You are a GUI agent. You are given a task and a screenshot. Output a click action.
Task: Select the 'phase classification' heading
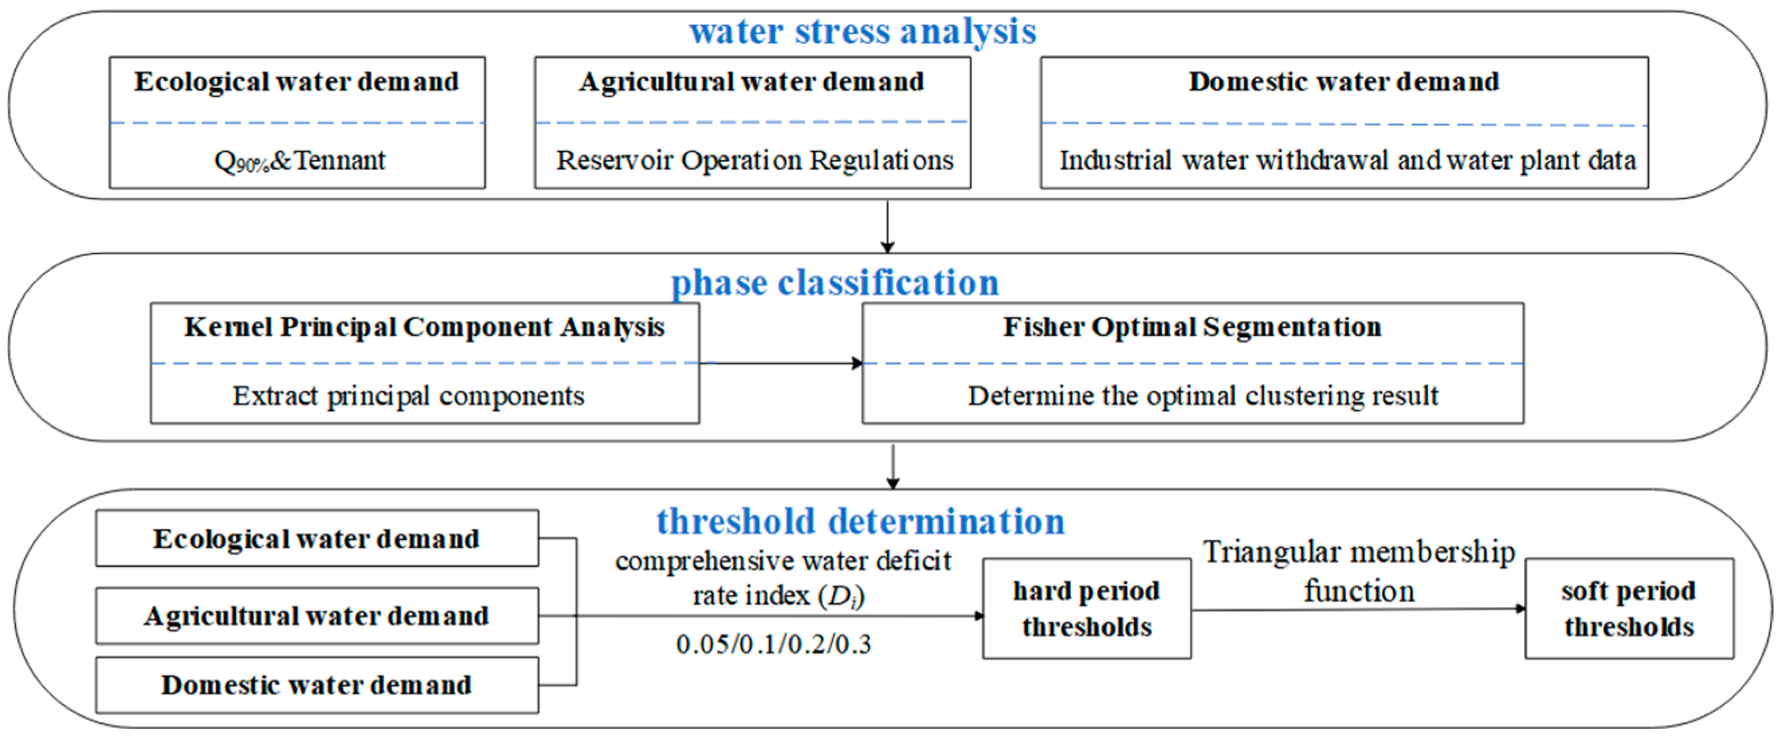click(835, 283)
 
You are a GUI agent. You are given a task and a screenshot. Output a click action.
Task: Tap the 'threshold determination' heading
click(861, 521)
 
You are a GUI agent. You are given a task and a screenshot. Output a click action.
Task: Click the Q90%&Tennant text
click(300, 161)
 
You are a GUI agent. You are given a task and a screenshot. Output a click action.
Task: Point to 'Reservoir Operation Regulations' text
click(754, 160)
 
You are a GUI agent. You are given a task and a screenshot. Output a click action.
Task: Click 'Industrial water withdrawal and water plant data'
click(1346, 160)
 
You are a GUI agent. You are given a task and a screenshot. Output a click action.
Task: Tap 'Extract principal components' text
click(408, 396)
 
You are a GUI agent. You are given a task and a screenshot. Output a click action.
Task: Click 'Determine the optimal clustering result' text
click(1202, 396)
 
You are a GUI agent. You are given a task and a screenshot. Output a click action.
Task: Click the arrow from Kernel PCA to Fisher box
click(780, 363)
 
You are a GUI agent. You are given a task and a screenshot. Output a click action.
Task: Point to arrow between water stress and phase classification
click(888, 226)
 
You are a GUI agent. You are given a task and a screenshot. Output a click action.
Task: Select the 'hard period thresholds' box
click(1086, 609)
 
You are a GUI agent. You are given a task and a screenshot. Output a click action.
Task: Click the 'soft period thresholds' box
click(1629, 609)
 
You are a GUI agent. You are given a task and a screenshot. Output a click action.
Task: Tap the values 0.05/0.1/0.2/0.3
click(774, 645)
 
